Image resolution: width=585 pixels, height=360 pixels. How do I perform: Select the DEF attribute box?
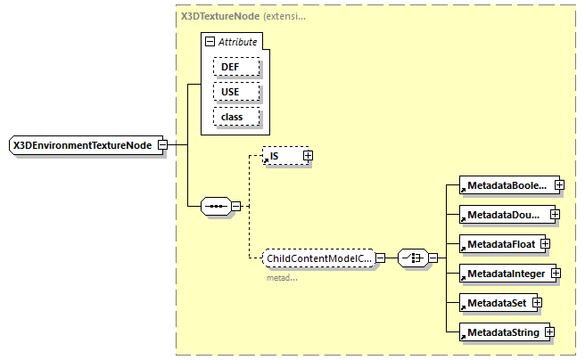click(x=236, y=67)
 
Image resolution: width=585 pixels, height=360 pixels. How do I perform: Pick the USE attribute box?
click(x=236, y=92)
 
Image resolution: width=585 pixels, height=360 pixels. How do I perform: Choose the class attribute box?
click(x=236, y=117)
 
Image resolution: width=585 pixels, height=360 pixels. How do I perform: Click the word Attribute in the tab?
click(x=239, y=42)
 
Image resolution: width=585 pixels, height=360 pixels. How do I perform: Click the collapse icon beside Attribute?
click(x=210, y=42)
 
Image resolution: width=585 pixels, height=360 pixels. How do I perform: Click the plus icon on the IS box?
click(x=308, y=156)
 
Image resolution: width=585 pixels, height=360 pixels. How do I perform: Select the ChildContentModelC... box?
click(x=318, y=258)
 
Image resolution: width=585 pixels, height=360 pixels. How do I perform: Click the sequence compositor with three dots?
click(x=216, y=207)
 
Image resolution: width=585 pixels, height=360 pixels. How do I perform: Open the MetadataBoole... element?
click(x=505, y=185)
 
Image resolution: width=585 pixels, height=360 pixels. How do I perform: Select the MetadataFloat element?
click(x=497, y=243)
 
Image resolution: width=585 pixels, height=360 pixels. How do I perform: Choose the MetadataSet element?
click(x=493, y=302)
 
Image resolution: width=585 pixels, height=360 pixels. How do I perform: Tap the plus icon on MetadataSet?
click(x=538, y=302)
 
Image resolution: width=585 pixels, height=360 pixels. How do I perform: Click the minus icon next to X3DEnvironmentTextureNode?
click(x=162, y=144)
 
